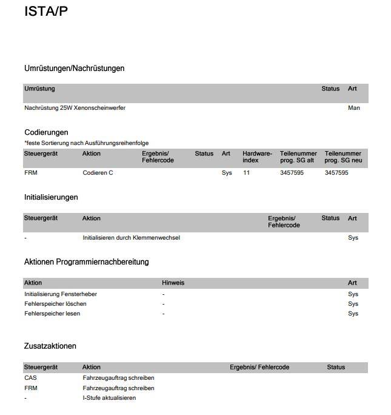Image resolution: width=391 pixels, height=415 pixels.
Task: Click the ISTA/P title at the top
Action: (46, 12)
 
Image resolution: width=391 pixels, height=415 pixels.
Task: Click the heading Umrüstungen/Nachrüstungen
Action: (74, 69)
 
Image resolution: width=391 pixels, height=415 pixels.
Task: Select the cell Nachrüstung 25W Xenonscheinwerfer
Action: (75, 108)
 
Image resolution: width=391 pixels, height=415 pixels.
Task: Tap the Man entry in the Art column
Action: (354, 108)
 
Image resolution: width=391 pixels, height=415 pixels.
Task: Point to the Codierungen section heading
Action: (46, 132)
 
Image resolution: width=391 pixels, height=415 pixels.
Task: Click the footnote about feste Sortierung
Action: (86, 143)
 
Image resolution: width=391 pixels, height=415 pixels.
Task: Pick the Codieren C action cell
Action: (98, 173)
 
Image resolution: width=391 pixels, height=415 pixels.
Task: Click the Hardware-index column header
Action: (257, 157)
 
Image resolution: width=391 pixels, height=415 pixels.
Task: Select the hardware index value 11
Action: (246, 173)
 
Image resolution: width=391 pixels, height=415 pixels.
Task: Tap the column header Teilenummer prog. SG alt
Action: (298, 157)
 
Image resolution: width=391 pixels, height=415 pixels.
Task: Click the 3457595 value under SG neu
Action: (336, 173)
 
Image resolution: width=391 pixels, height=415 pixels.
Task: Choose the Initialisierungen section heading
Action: (51, 197)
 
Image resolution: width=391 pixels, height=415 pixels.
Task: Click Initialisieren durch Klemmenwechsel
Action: (131, 238)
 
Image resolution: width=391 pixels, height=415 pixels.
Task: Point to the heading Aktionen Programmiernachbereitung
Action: (86, 262)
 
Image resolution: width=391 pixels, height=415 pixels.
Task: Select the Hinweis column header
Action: (173, 283)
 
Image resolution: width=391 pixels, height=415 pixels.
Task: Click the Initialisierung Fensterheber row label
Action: (61, 294)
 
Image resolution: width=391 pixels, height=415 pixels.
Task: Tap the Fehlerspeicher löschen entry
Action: (55, 304)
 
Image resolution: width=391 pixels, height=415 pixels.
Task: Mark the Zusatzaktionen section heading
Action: (50, 346)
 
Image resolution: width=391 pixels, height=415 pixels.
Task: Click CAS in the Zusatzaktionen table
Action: (30, 378)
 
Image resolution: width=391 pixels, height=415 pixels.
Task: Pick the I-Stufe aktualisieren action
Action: (109, 398)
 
